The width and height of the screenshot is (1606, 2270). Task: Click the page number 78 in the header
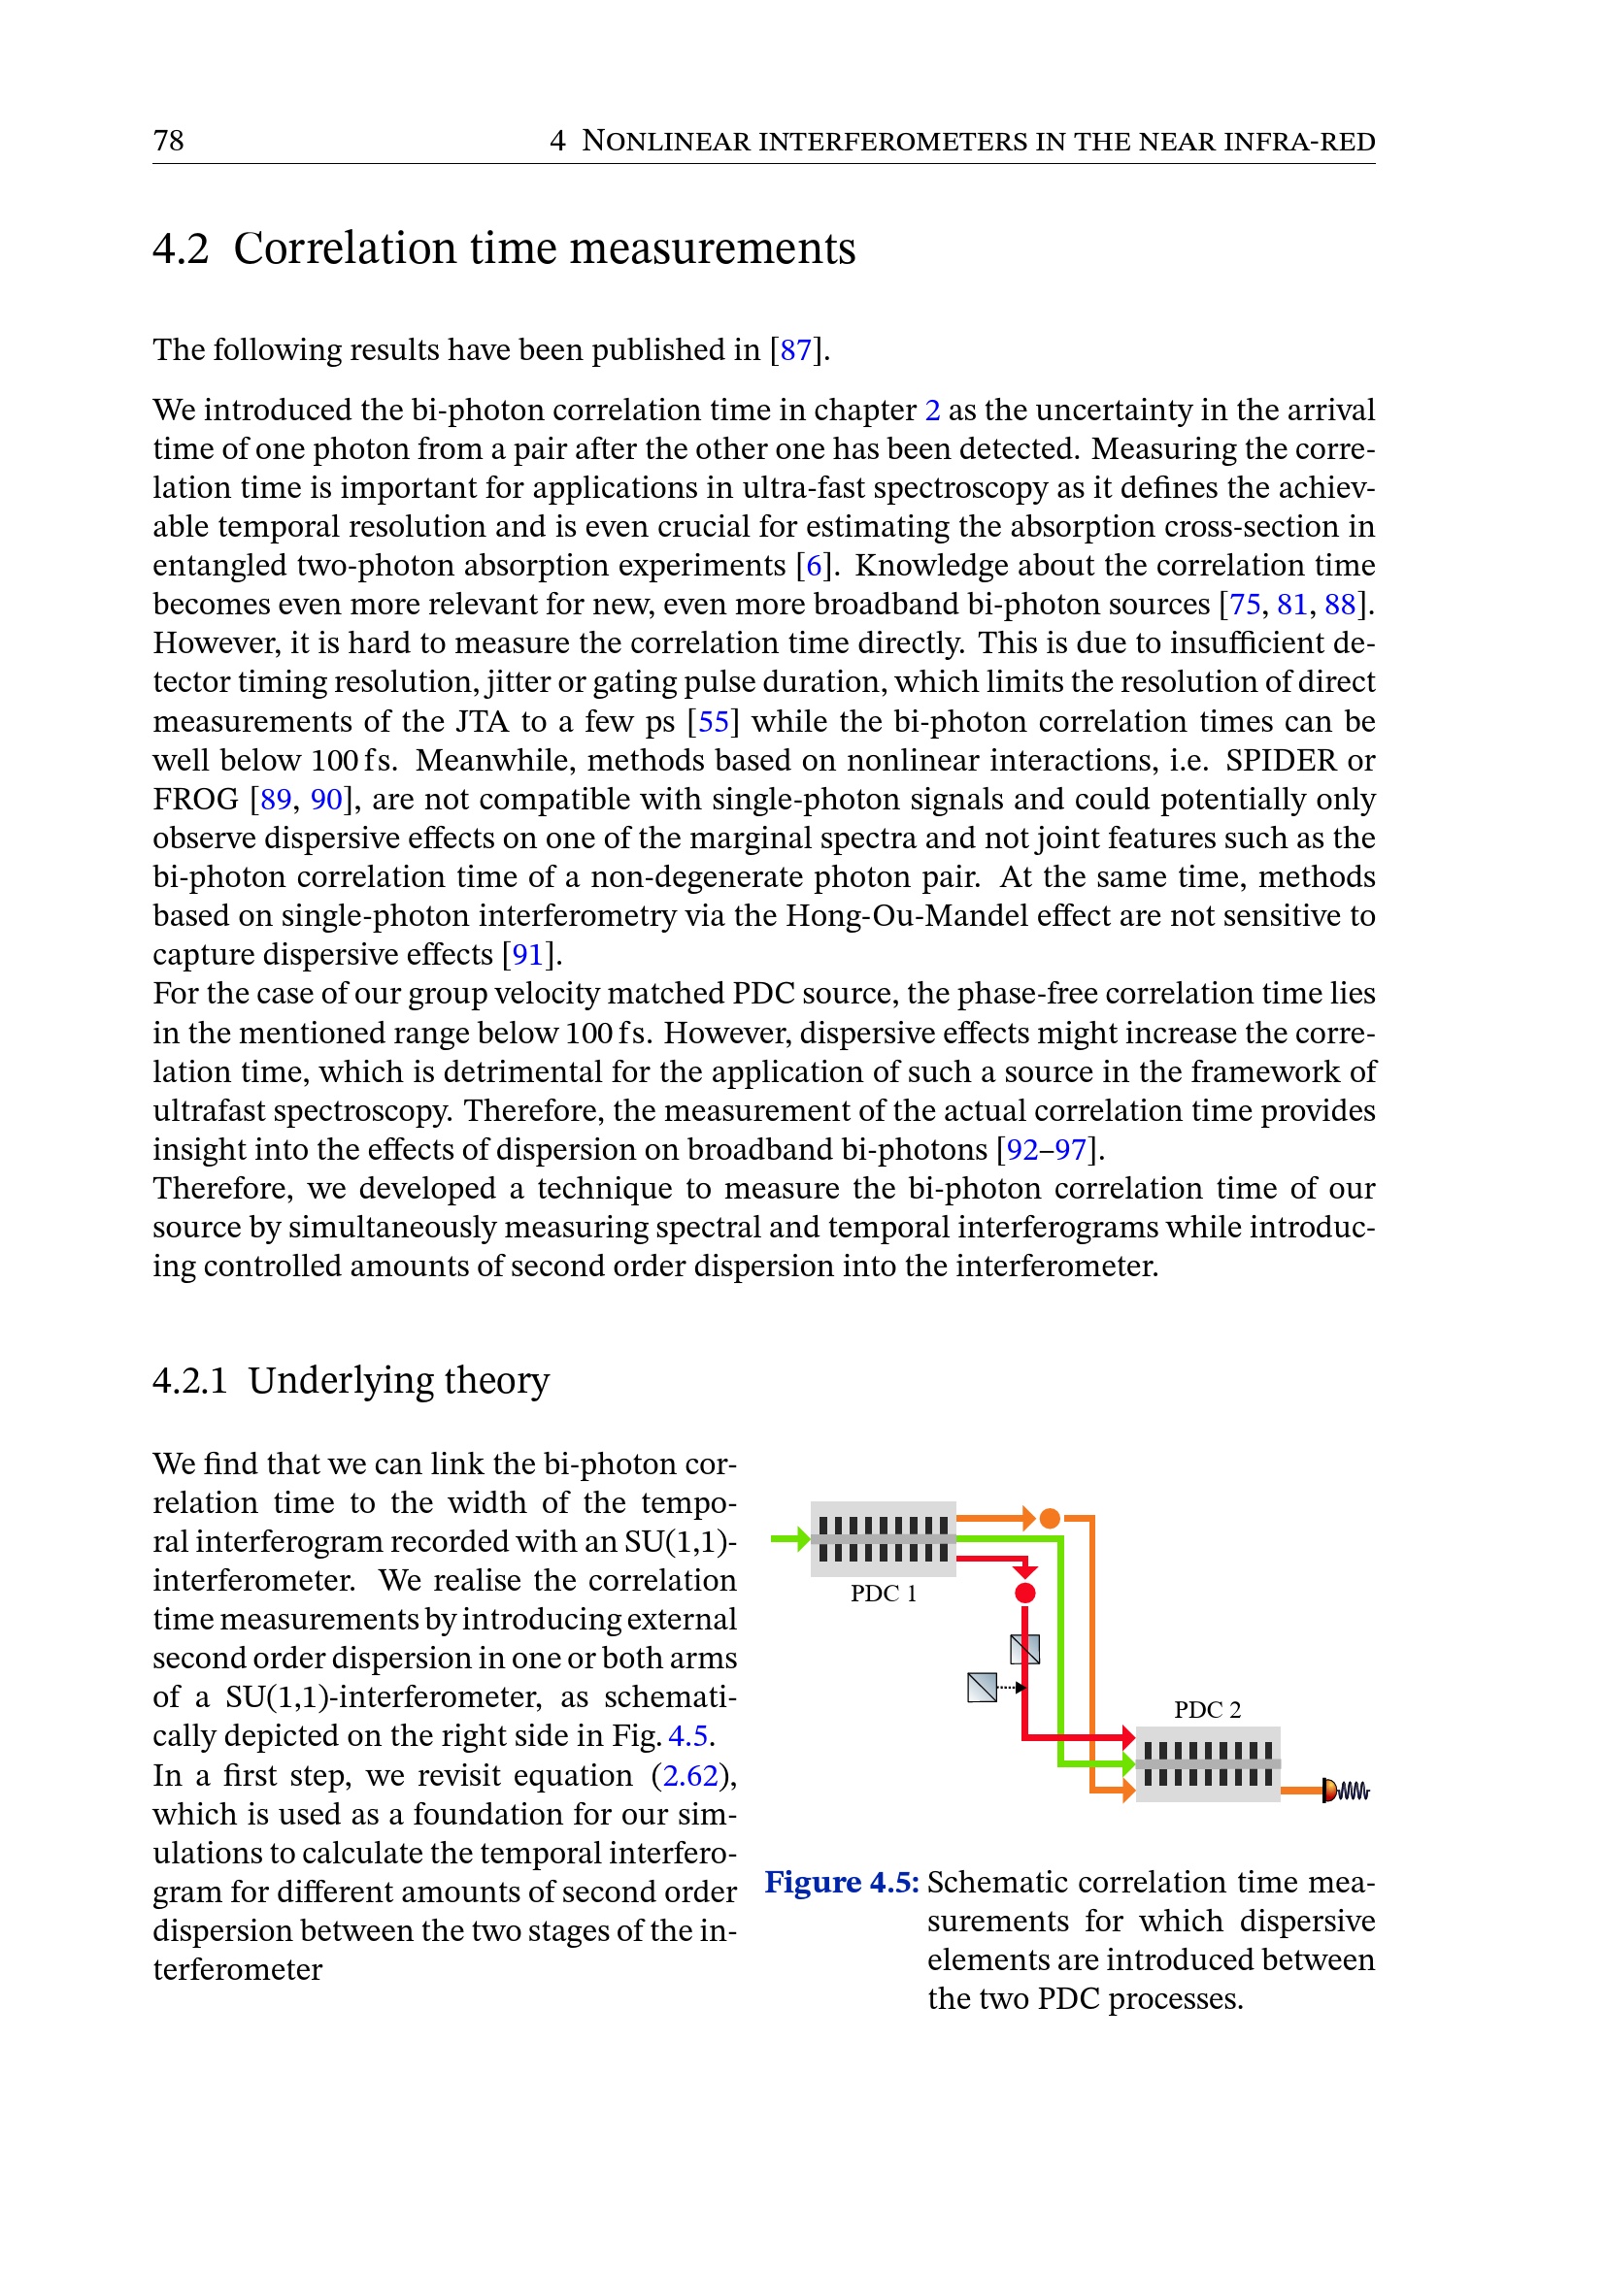pos(168,141)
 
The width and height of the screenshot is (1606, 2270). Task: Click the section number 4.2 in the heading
pos(181,248)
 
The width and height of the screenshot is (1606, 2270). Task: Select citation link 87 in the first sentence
pos(795,350)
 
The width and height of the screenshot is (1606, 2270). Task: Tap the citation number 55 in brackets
pos(713,722)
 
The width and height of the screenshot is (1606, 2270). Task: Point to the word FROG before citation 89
pos(196,799)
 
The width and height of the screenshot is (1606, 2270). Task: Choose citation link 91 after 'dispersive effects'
pos(527,954)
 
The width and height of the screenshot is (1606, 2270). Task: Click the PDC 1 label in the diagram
pos(883,1594)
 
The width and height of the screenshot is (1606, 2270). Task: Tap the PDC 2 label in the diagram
pos(1207,1709)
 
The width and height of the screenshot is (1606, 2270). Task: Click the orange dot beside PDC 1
pos(1050,1518)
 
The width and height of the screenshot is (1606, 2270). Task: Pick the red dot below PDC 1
pos(1024,1593)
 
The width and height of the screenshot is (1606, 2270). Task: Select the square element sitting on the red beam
pos(1024,1649)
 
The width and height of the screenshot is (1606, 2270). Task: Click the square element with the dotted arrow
pos(982,1687)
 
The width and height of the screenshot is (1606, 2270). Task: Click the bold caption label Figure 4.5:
pos(842,1882)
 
